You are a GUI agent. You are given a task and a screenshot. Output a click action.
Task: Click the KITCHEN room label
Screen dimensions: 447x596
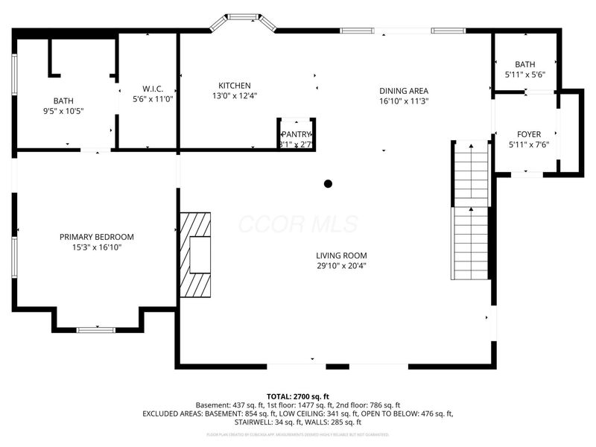tap(234, 86)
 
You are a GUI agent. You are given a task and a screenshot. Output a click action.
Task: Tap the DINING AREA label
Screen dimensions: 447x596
tap(404, 91)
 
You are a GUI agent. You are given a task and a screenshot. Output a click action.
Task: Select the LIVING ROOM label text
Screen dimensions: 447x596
tap(341, 255)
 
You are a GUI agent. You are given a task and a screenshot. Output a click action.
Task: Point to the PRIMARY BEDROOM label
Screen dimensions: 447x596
tap(97, 237)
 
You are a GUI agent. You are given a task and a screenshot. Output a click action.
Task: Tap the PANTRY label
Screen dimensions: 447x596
tap(297, 134)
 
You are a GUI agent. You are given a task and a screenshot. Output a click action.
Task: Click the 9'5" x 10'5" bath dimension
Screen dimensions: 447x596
tap(63, 111)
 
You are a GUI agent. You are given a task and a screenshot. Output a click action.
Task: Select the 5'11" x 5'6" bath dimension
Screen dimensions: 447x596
tap(525, 75)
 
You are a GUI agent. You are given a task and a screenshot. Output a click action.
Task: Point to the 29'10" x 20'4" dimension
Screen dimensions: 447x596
tap(341, 265)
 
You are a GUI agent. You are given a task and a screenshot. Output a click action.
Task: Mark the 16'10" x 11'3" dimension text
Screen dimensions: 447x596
tap(404, 101)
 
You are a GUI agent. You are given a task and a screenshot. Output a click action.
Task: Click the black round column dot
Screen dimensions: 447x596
tap(328, 183)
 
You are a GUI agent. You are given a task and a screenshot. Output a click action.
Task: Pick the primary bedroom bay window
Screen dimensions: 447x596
tap(96, 329)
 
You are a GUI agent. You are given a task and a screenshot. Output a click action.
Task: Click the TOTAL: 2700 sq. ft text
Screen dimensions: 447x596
tap(298, 396)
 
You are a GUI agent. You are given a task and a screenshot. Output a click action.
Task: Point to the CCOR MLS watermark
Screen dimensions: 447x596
tap(298, 224)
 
